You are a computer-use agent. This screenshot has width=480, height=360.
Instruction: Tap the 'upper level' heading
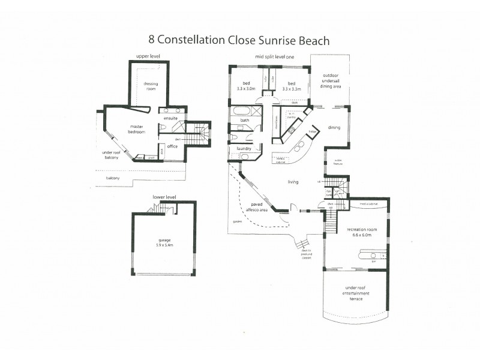point(148,56)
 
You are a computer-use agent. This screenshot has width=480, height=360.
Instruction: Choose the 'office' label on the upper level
point(172,146)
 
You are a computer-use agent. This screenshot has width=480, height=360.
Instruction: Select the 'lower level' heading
point(164,196)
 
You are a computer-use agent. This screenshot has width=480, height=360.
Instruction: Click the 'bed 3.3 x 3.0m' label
point(245,86)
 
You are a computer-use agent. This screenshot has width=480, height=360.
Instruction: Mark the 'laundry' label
point(244,148)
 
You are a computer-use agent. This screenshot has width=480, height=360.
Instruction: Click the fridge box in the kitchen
point(312,131)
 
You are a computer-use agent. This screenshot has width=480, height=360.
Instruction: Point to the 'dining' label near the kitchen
point(334,127)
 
